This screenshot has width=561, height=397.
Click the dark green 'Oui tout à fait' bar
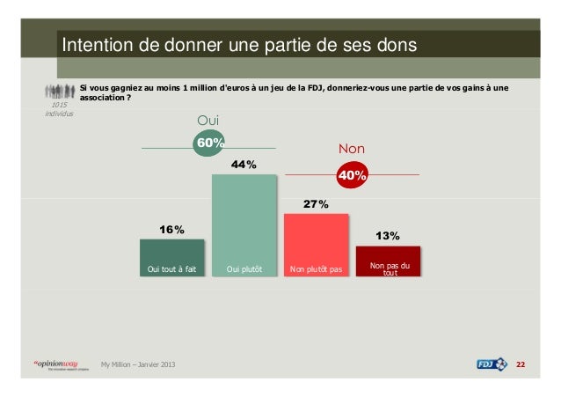172,257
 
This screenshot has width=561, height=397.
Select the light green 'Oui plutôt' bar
244,224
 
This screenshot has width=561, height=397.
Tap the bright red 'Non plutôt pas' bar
316,245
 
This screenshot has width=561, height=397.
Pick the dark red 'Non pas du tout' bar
388,261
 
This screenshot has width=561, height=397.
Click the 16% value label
171,230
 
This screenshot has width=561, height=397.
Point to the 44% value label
244,165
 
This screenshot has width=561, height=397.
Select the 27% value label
316,204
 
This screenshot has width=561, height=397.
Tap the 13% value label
388,236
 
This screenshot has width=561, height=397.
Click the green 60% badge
210,143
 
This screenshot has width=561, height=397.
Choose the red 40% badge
352,175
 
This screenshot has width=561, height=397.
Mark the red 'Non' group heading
351,149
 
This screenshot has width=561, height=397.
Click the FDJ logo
492,364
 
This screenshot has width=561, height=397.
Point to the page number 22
520,364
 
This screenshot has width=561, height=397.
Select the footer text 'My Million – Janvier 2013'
137,364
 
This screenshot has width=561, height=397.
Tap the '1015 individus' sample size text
60,109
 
